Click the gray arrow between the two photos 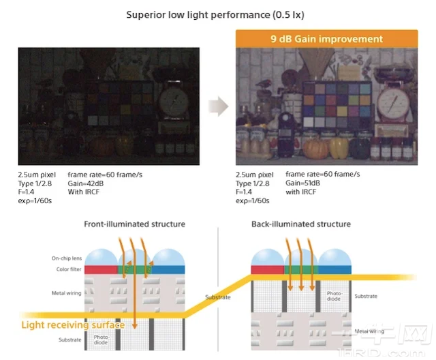click(218, 106)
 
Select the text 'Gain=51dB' click(303, 183)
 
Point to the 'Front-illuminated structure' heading click(134, 224)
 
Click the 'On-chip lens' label click(66, 258)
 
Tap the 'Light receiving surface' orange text click(73, 325)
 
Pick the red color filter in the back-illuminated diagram click(266, 269)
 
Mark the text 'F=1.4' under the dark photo click(28, 193)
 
